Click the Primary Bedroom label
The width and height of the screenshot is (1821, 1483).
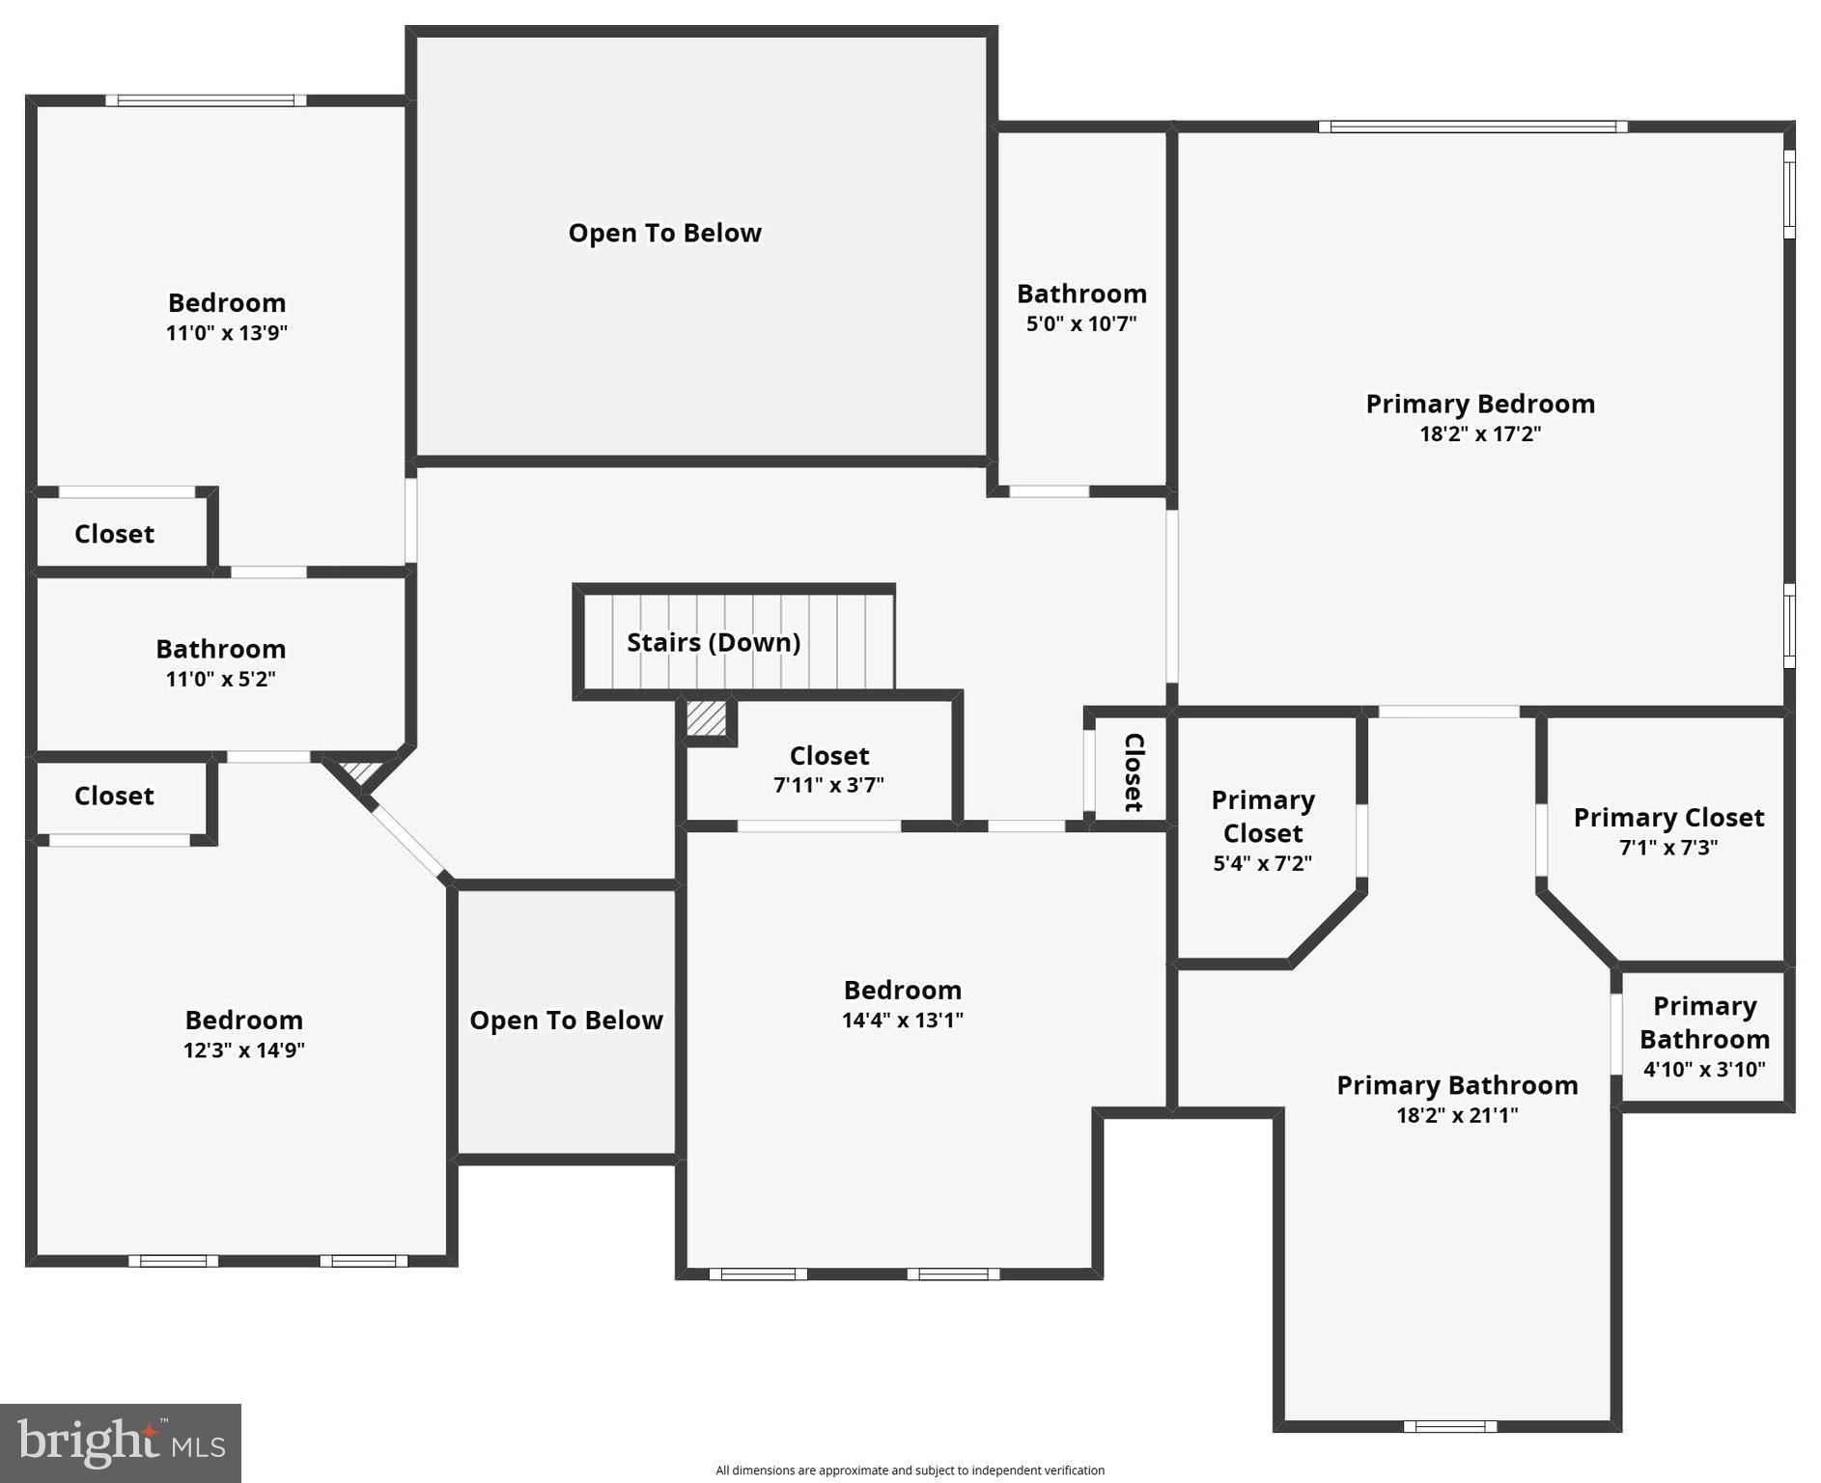click(1479, 404)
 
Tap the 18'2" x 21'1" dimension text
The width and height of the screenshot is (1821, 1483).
click(1456, 1115)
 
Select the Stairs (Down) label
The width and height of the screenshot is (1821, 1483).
click(714, 642)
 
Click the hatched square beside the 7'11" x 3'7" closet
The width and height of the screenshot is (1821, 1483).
click(706, 718)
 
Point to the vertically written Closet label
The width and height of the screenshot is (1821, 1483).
click(1134, 771)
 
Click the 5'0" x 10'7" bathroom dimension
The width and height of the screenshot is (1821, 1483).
click(1080, 323)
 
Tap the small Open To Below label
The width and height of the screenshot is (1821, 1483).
click(566, 1021)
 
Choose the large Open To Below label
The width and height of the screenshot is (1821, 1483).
click(664, 233)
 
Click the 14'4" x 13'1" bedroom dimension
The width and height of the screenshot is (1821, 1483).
click(902, 1020)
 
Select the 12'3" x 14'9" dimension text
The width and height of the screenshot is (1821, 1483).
click(244, 1049)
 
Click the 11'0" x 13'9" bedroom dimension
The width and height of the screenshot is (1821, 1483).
click(227, 332)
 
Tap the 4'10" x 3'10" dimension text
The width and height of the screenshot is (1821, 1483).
click(1704, 1069)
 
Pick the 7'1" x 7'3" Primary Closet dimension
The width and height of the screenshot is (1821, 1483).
click(1667, 847)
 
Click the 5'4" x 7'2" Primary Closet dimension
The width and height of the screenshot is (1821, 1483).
click(1262, 863)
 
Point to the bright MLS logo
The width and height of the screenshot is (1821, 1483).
click(121, 1442)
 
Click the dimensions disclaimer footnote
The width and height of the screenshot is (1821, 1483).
click(910, 1469)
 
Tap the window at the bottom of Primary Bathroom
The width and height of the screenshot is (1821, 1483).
click(1449, 1426)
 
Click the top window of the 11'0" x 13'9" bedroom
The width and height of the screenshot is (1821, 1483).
click(206, 100)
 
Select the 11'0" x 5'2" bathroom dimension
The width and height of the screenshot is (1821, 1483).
click(220, 679)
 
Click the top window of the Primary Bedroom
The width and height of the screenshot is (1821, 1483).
click(1472, 126)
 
